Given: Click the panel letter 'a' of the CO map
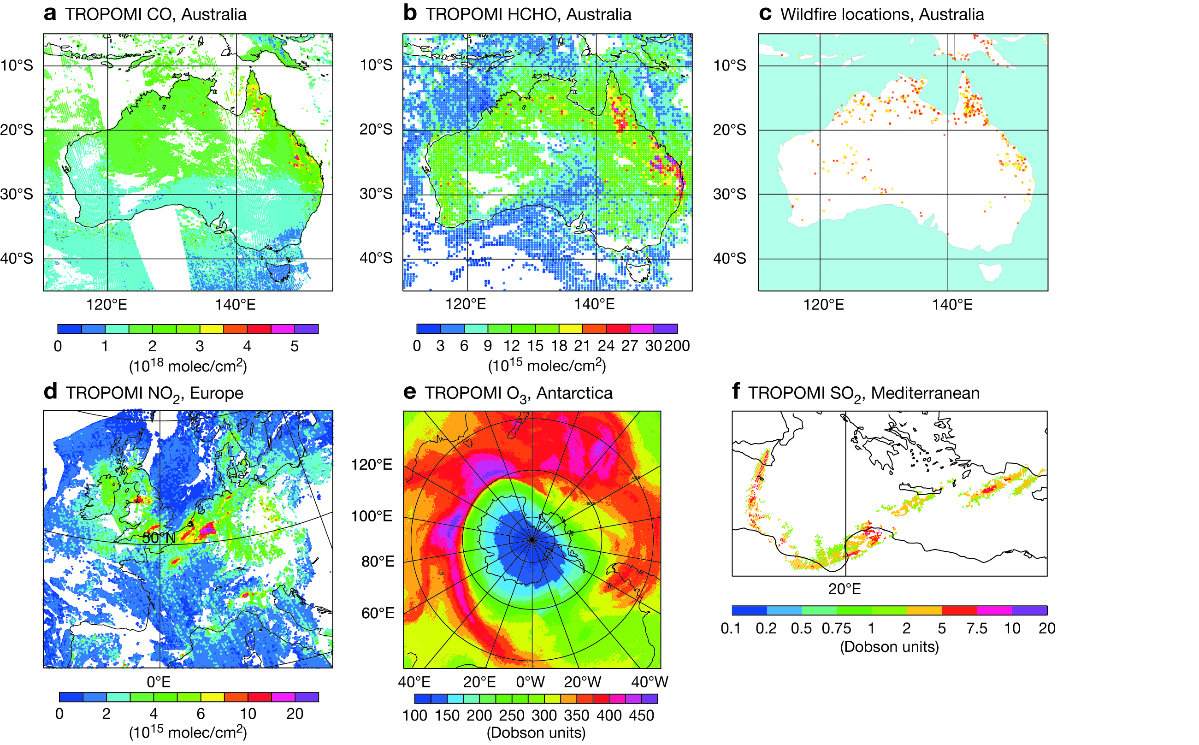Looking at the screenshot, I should point(50,14).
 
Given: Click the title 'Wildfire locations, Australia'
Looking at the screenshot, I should point(882,14).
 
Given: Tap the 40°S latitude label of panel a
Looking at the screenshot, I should point(17,259).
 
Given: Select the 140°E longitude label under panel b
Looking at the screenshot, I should point(594,304).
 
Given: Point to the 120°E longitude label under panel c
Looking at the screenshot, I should point(824,305).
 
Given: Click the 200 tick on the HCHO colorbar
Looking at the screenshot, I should point(677,346).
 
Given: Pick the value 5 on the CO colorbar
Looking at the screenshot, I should point(295,346).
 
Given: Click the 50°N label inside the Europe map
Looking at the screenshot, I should point(159,538).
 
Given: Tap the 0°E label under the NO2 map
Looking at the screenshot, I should point(159,682).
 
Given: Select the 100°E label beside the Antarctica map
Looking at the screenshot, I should point(372,516).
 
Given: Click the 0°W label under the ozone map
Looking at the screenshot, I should point(531,682).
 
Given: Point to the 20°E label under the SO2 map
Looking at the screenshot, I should point(845,589).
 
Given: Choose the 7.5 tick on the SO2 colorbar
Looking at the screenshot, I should point(977,628).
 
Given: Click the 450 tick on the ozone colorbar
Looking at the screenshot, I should point(641,715).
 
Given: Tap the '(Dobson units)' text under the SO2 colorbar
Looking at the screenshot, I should point(889,646).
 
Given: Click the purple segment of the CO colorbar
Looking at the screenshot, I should point(307,329).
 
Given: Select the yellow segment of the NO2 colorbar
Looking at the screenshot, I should point(213,697).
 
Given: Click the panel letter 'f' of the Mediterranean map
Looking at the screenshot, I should point(736,392).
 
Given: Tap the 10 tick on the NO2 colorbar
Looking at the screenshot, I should point(248,714).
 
